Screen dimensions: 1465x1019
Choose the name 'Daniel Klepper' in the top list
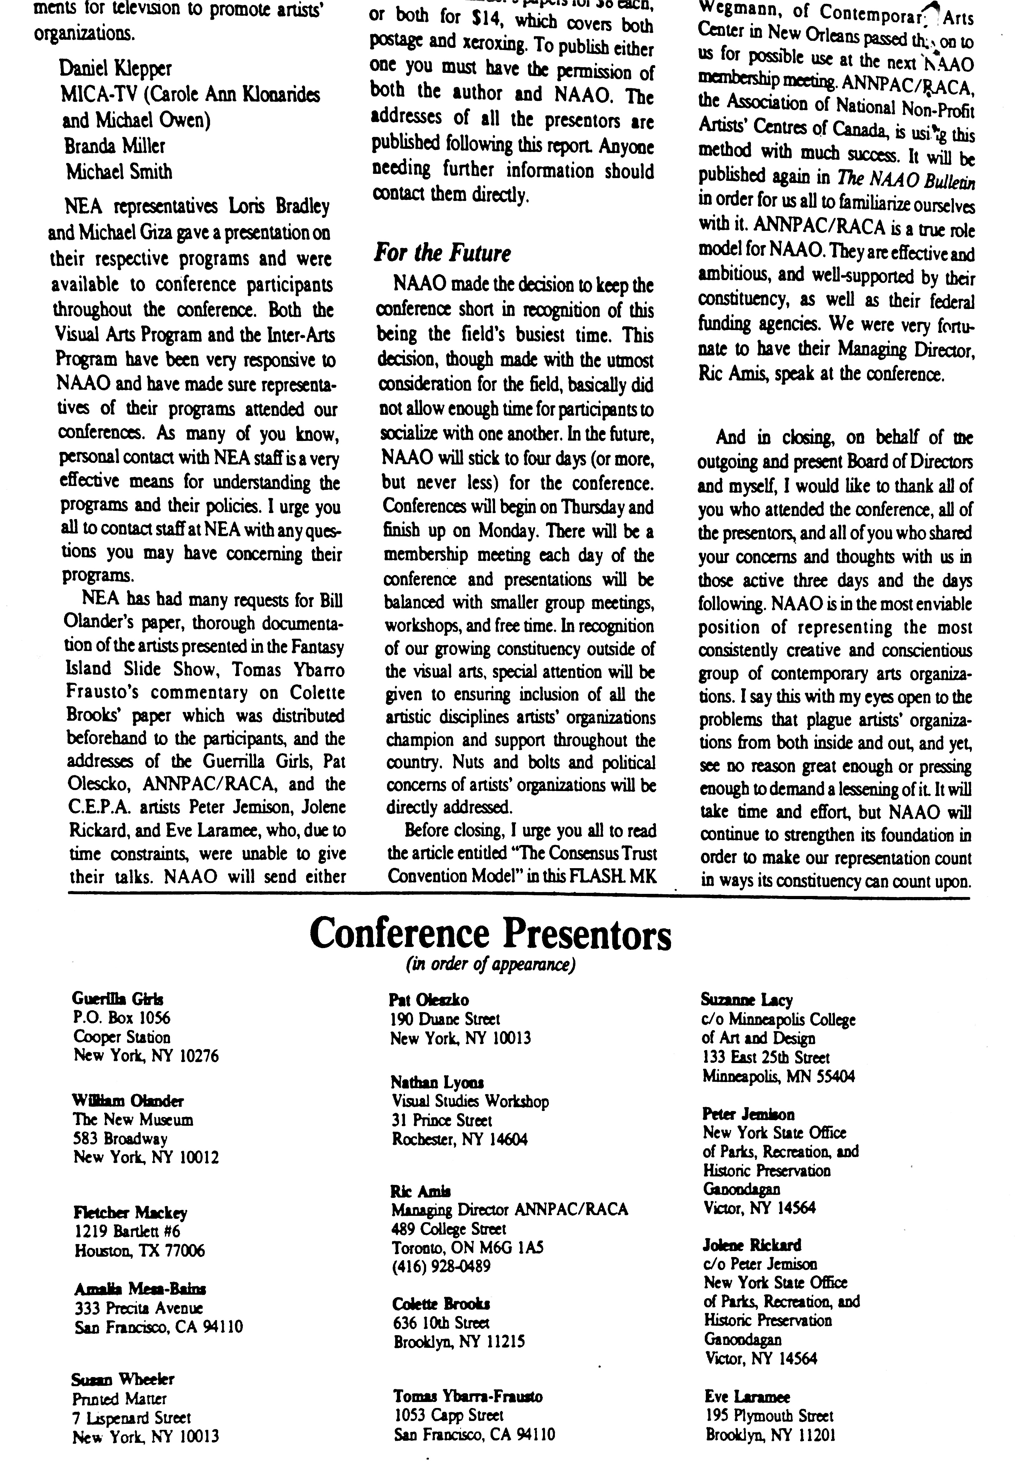[x=115, y=68]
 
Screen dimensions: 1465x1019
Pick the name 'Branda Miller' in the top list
[x=115, y=146]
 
